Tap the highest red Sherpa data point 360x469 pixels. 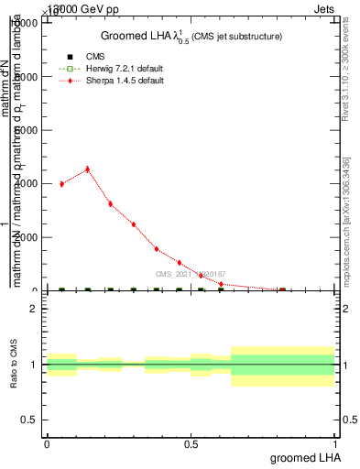87,169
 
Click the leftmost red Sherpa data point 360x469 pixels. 61,183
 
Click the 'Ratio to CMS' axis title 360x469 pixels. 14,365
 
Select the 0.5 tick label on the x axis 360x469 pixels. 192,443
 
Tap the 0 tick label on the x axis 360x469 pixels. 47,443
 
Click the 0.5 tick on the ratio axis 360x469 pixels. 27,420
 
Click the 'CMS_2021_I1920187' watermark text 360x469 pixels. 190,274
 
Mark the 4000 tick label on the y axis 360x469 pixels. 25,183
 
